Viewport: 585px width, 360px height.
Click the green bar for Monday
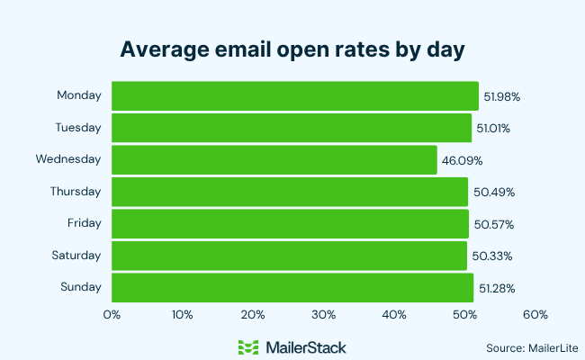point(294,95)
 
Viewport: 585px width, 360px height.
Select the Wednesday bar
point(274,159)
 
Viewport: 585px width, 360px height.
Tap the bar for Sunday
point(292,287)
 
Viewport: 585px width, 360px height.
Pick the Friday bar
point(290,223)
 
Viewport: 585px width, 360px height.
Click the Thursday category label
point(76,191)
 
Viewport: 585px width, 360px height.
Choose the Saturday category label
point(76,255)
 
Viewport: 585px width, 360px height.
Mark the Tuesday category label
point(78,127)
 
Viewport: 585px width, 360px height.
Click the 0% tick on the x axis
point(112,315)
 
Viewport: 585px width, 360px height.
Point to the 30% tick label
point(323,315)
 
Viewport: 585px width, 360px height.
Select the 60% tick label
point(535,315)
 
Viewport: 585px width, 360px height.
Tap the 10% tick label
point(182,315)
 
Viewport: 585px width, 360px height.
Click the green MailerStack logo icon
point(248,346)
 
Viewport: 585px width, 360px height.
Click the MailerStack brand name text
point(306,346)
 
